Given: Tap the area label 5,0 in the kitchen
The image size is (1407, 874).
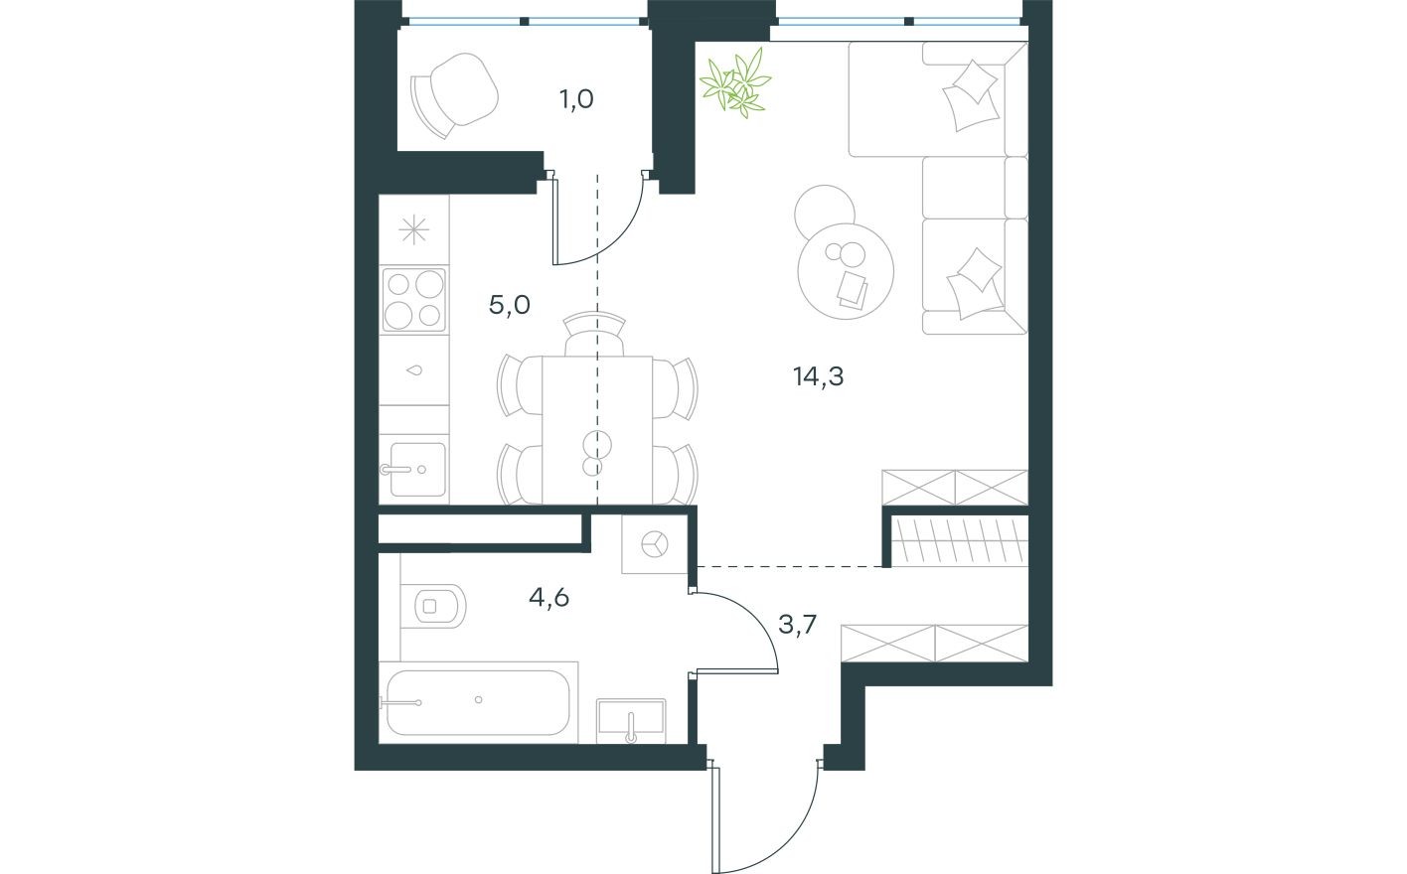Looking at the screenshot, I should pos(509,305).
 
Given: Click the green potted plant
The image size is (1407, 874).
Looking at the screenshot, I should pos(736,82).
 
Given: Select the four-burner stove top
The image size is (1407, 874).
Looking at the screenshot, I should pos(414,299).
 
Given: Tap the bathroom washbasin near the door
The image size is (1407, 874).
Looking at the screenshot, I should pos(631,719).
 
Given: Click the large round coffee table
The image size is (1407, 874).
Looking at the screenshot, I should pos(846,268).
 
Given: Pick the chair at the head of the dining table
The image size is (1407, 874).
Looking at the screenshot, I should pos(594,335).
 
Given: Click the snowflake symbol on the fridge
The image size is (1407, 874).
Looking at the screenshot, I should pos(413,230).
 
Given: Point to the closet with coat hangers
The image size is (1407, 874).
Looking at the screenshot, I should pos(956,542).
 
